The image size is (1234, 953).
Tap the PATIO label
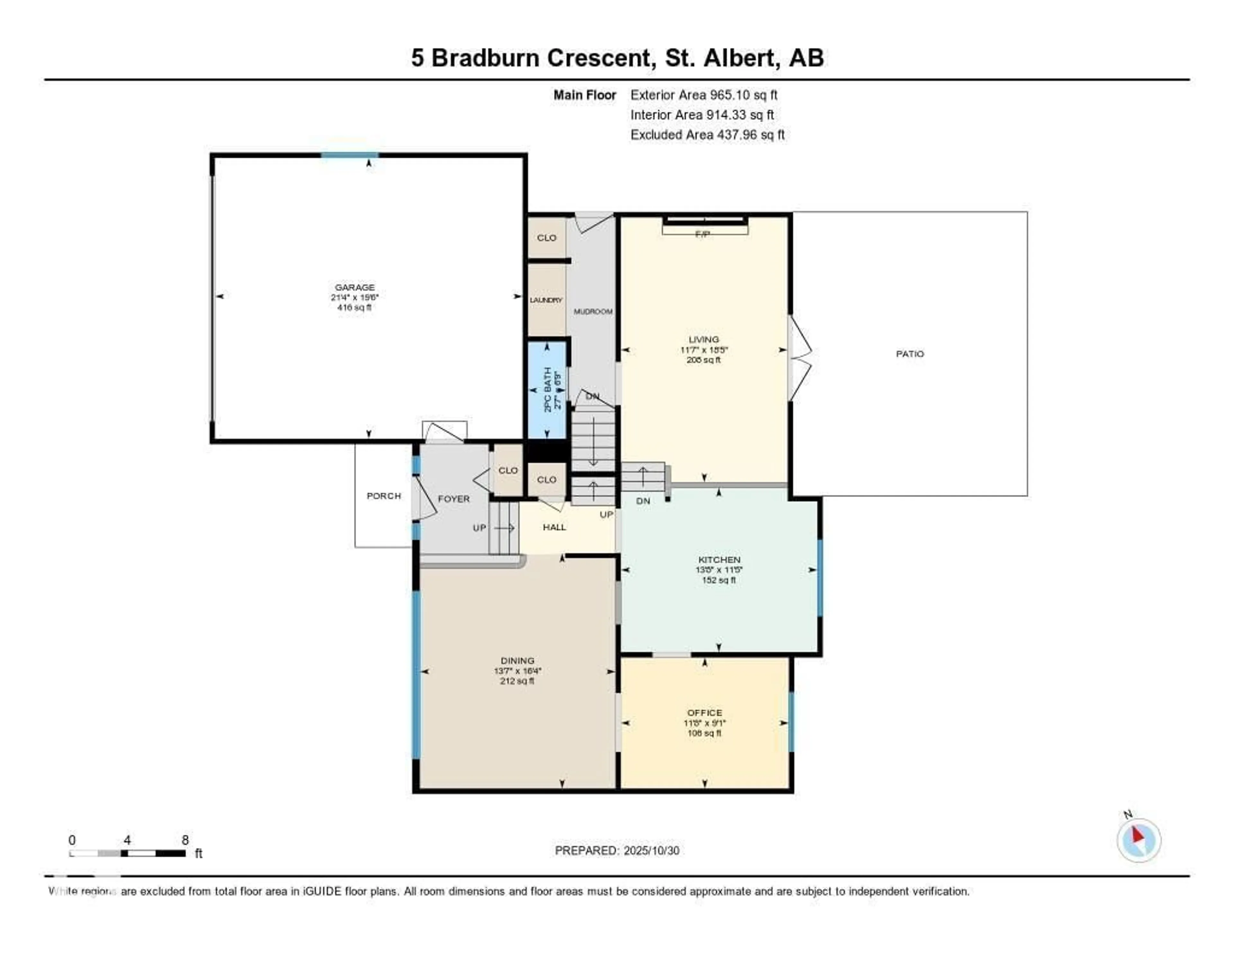tap(910, 354)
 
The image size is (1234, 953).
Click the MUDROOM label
tap(593, 311)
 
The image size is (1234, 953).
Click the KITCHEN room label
tap(719, 560)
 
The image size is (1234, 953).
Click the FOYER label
tap(454, 499)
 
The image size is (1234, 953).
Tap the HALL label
tap(554, 527)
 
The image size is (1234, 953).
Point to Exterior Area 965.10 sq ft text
tap(704, 95)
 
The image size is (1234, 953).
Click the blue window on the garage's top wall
tap(349, 155)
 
